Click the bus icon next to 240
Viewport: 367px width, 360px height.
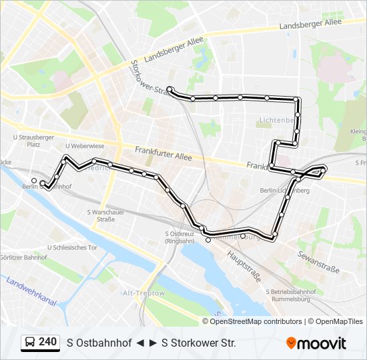pyautogui.click(x=30, y=342)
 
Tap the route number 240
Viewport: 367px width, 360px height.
pyautogui.click(x=47, y=342)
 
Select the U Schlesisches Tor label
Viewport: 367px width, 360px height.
pyautogui.click(x=73, y=247)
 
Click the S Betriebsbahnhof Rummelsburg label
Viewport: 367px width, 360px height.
pyautogui.click(x=291, y=295)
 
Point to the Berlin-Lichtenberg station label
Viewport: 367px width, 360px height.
pyautogui.click(x=285, y=190)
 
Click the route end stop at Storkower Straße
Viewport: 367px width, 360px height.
pyautogui.click(x=170, y=89)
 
